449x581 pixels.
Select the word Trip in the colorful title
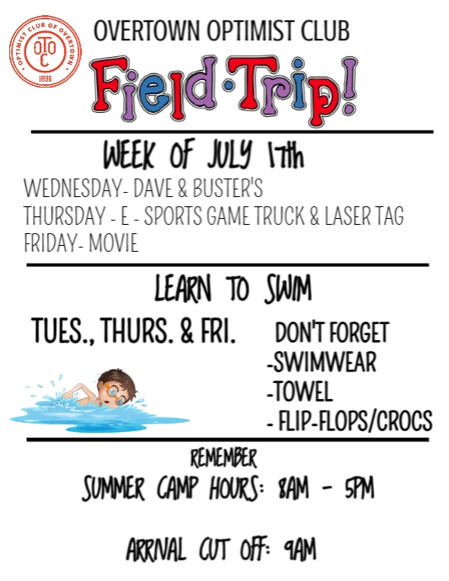pos(279,84)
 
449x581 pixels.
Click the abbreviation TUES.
pos(61,332)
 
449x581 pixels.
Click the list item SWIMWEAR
pos(323,363)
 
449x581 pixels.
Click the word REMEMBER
pos(223,459)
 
